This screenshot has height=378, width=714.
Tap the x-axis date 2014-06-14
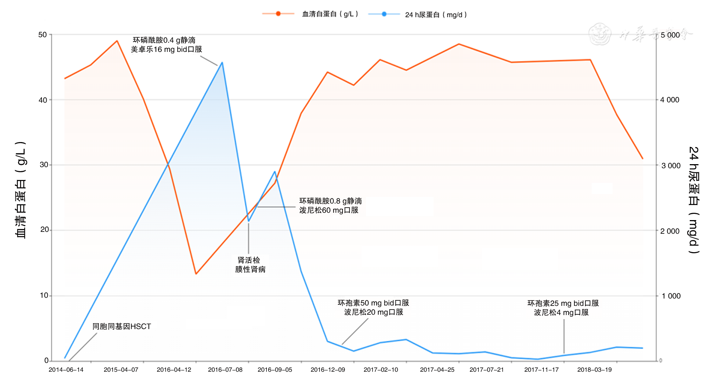66,370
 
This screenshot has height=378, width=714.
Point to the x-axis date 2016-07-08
225,370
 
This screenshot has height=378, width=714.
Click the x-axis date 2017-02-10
381,370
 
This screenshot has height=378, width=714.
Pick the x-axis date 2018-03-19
594,370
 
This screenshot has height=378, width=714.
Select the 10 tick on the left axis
44,296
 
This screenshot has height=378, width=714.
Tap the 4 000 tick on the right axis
670,100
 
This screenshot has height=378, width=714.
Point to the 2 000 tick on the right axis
670,231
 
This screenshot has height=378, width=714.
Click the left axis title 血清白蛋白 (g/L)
21,190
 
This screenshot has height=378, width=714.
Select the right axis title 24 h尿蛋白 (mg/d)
694,200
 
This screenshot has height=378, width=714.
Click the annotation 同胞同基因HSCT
122,326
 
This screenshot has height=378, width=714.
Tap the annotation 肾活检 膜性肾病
250,265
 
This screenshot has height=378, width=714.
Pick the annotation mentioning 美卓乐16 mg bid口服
166,45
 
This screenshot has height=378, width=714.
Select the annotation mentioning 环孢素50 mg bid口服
373,307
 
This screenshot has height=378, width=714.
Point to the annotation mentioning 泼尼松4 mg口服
563,308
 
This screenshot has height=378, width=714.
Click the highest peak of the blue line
222,63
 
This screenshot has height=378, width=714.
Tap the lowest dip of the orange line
196,274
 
